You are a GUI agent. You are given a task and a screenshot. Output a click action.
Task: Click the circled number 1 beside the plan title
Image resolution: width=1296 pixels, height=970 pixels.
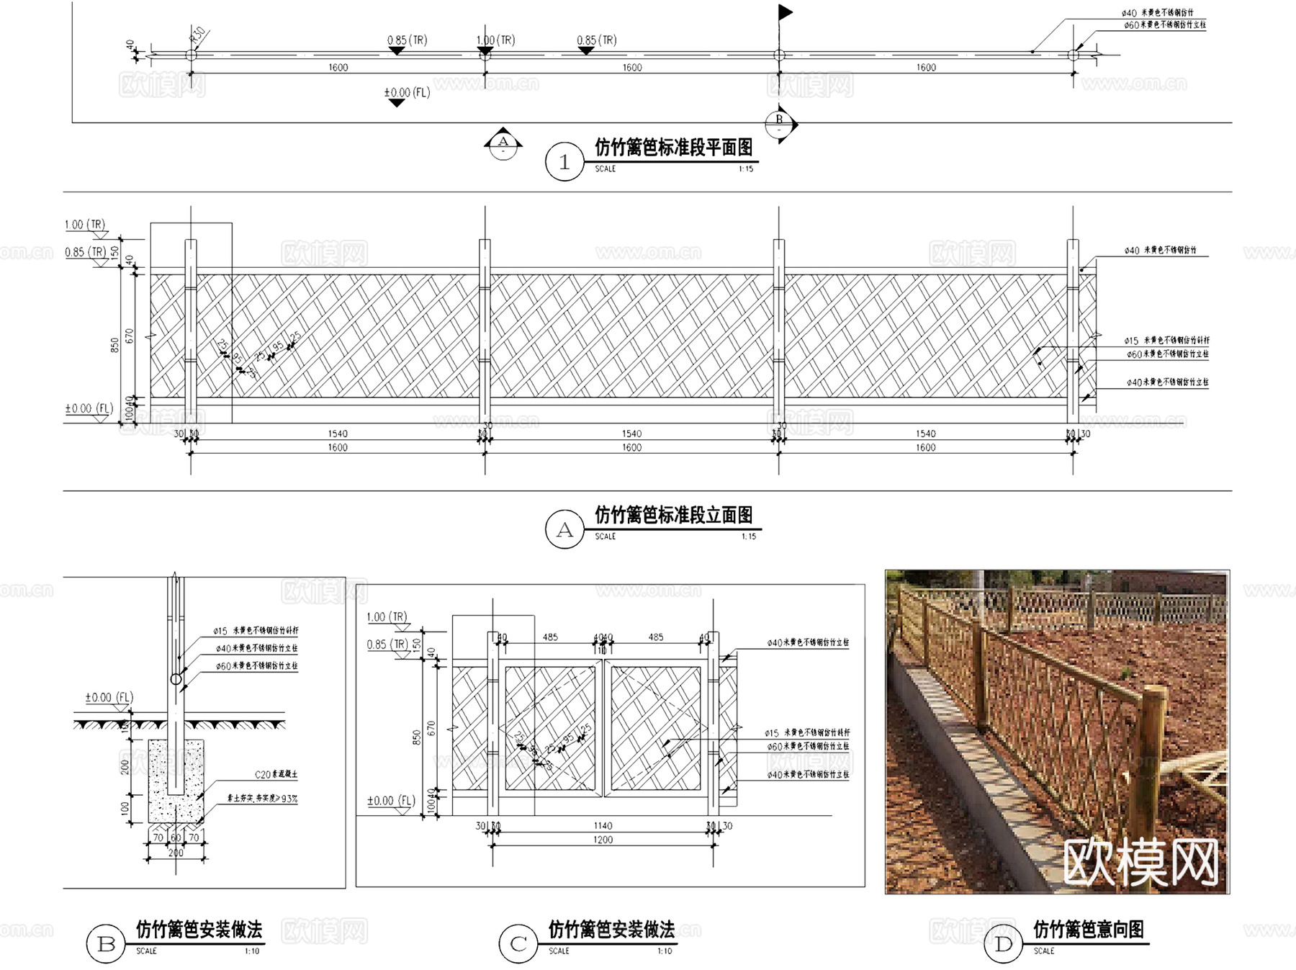point(564,162)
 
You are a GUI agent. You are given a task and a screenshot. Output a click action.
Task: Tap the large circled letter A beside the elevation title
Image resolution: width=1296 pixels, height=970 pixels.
point(564,530)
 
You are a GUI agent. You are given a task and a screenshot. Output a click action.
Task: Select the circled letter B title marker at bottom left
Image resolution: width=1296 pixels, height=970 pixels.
point(106,944)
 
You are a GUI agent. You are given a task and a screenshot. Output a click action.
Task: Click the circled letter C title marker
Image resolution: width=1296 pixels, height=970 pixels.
point(518,944)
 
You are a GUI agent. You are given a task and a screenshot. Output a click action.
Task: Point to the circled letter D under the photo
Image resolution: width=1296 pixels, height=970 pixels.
point(1003,944)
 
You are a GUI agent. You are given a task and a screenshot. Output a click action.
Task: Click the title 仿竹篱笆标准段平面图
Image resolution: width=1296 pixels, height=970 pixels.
point(673,148)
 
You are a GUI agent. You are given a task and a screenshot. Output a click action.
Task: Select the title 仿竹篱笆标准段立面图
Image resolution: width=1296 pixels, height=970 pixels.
point(673,515)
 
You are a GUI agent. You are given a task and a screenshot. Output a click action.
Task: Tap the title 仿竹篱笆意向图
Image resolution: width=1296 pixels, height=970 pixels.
point(1088,930)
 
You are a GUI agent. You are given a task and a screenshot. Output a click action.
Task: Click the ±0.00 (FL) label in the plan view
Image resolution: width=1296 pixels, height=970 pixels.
point(407,93)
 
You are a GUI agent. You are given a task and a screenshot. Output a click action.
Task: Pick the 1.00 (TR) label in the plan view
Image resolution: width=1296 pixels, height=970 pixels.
point(495,40)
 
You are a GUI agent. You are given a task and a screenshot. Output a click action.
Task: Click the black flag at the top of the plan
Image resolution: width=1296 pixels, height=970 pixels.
point(785,12)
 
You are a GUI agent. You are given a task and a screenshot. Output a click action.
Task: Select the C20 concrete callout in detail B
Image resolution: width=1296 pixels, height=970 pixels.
point(276,775)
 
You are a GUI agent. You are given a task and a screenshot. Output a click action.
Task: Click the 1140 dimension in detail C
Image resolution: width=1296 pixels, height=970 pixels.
point(603,826)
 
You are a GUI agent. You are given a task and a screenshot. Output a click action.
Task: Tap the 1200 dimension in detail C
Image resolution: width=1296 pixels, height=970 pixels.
point(603,840)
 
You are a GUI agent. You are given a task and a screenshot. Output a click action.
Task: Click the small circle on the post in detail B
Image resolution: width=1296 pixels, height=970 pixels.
point(176,679)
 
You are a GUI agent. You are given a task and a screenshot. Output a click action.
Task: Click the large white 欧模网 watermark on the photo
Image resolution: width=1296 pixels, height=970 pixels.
point(1140,862)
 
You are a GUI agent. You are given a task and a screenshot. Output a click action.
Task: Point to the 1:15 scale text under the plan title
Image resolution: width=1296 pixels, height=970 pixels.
point(745,169)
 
